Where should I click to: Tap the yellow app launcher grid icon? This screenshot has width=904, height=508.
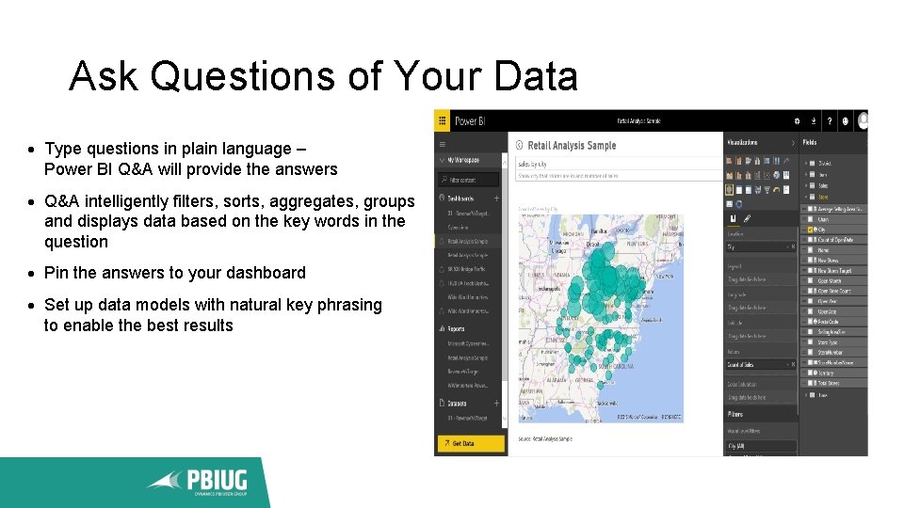pyautogui.click(x=442, y=121)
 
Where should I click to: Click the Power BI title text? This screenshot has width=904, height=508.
pyautogui.click(x=468, y=121)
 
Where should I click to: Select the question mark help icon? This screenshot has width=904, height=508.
pyautogui.click(x=829, y=121)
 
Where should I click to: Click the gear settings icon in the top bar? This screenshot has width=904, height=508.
pyautogui.click(x=797, y=121)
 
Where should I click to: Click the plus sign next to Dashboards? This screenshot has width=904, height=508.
pyautogui.click(x=496, y=198)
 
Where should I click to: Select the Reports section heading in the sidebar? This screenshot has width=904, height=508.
pyautogui.click(x=458, y=329)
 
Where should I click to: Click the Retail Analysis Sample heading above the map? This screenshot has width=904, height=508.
pyautogui.click(x=572, y=146)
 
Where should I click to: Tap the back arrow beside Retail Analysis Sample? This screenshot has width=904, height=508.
pyautogui.click(x=520, y=146)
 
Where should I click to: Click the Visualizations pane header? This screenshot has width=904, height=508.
pyautogui.click(x=743, y=143)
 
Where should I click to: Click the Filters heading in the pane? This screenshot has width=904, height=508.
pyautogui.click(x=734, y=414)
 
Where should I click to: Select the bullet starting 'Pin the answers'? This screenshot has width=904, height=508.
pyautogui.click(x=175, y=273)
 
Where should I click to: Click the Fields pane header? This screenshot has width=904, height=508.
pyautogui.click(x=811, y=143)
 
